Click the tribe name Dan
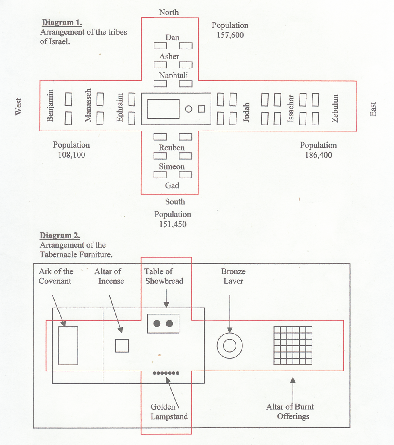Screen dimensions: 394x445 [172, 37]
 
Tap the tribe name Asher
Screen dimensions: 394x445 [169, 56]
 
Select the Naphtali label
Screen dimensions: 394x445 [173, 75]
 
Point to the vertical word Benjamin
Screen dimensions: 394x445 [50, 106]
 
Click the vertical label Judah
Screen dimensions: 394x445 [247, 113]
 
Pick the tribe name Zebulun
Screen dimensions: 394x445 [335, 109]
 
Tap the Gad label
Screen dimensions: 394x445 [172, 185]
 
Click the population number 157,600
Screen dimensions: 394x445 [230, 35]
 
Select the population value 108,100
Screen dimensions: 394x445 [72, 155]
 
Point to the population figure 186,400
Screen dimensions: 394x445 [318, 155]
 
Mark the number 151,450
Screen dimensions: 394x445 [172, 224]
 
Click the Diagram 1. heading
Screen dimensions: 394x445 [62, 23]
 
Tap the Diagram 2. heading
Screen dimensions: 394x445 [60, 235]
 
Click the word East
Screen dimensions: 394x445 [373, 109]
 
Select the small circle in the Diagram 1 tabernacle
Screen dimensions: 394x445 [189, 109]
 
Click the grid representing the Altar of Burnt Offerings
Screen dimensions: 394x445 [293, 345]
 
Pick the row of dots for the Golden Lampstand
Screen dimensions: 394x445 [166, 373]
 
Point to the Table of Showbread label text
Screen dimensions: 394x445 [164, 276]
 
